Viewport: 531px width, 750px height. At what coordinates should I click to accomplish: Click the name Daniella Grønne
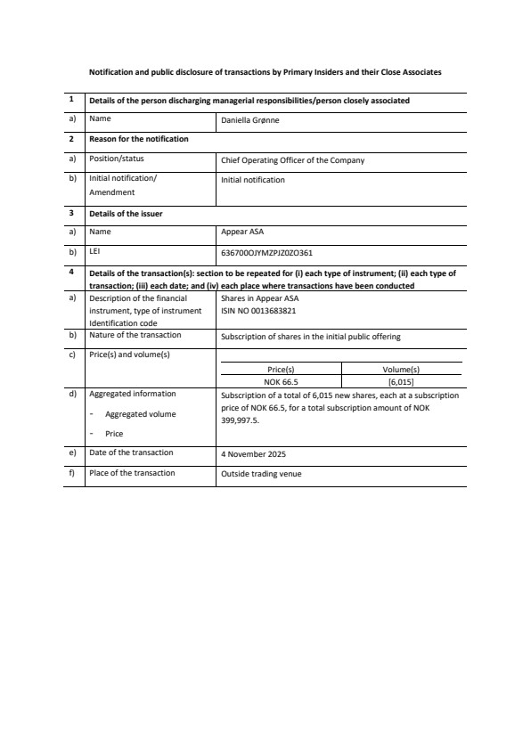[x=249, y=119]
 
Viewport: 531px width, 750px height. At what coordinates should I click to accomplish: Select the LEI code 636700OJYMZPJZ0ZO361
[x=265, y=252]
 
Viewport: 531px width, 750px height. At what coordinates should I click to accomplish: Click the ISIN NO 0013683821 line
[x=258, y=311]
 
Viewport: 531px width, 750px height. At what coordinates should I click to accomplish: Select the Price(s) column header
[x=281, y=368]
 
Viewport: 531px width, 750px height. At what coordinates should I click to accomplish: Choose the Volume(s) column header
[x=400, y=368]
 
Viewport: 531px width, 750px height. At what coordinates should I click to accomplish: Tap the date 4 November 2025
[x=253, y=453]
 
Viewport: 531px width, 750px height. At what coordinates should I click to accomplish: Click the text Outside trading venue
[x=261, y=474]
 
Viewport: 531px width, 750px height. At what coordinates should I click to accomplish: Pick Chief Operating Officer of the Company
[x=292, y=161]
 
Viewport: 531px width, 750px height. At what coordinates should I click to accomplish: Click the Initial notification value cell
[x=253, y=180]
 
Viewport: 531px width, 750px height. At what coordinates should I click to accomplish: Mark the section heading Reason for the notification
[x=138, y=139]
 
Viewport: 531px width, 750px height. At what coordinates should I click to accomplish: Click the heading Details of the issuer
[x=126, y=214]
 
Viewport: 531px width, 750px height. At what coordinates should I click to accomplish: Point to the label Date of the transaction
[x=131, y=452]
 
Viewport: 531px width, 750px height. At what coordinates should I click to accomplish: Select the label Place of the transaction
[x=132, y=473]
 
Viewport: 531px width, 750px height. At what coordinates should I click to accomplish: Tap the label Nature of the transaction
[x=135, y=335]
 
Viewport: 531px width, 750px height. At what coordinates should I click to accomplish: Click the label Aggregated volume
[x=140, y=414]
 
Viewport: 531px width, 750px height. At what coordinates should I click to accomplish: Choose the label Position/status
[x=116, y=159]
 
